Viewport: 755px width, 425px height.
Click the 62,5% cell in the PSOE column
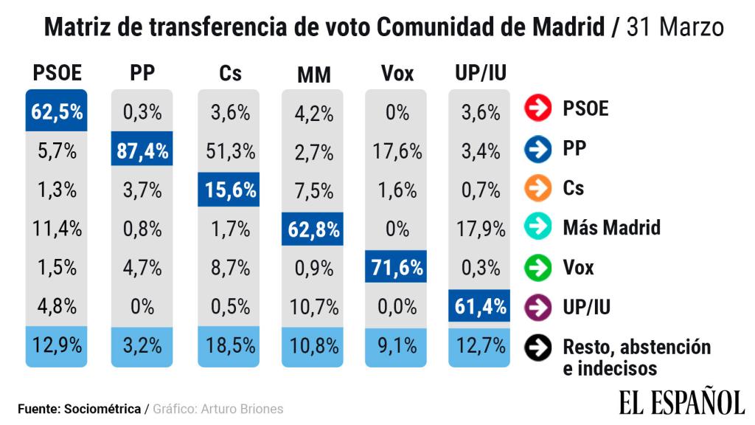coord(57,112)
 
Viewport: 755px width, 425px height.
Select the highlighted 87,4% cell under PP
coord(142,152)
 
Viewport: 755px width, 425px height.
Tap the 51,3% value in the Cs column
coord(228,152)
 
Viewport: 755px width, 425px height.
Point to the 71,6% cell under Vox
coord(397,268)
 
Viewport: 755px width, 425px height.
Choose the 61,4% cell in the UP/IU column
coord(481,306)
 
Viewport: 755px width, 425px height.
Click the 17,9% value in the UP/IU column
coord(481,229)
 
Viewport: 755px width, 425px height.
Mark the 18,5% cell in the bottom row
coord(228,345)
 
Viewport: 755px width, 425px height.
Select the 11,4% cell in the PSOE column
coord(57,229)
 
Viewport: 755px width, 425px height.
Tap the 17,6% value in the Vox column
coord(397,152)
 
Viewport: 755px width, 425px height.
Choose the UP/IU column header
coord(481,73)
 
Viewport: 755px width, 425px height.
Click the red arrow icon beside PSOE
coord(538,109)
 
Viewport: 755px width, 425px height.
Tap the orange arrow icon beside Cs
coord(538,187)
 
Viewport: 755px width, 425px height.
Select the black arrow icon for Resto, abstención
coord(538,348)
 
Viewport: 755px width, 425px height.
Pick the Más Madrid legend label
coord(611,227)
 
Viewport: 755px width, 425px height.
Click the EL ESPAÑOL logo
coord(681,402)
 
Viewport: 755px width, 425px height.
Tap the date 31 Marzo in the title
coord(675,28)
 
